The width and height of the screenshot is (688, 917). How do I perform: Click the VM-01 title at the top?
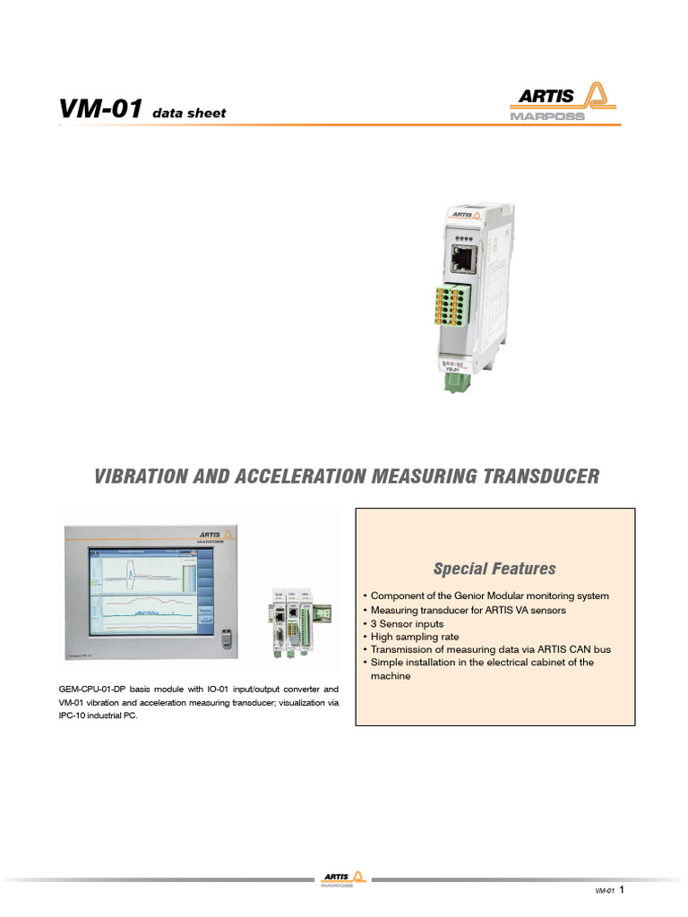pyautogui.click(x=99, y=109)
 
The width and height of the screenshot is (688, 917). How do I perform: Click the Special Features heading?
pyautogui.click(x=494, y=569)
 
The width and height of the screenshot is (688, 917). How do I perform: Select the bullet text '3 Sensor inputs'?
pyautogui.click(x=407, y=623)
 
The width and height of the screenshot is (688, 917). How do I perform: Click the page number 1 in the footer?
pyautogui.click(x=622, y=890)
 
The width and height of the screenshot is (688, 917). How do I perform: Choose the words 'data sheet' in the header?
pyautogui.click(x=189, y=114)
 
